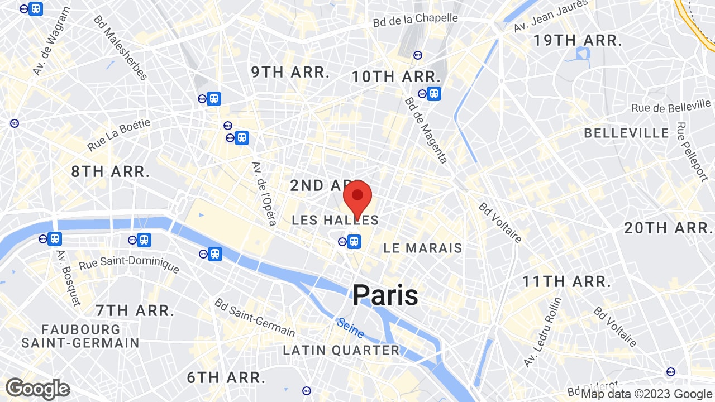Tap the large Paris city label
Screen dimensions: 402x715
(x=385, y=295)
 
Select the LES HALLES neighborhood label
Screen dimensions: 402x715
(x=335, y=221)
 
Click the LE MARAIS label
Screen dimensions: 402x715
(x=423, y=248)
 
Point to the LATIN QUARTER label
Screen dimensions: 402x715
(x=341, y=351)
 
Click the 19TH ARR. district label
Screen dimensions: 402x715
(x=578, y=40)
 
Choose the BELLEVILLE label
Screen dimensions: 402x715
(x=626, y=133)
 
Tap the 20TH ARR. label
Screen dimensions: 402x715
(x=668, y=228)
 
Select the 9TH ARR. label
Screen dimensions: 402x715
(x=290, y=72)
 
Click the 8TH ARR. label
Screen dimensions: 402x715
(x=111, y=171)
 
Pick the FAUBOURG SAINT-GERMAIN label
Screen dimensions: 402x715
(x=80, y=336)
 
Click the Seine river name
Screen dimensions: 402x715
(x=350, y=328)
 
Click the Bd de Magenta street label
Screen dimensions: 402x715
(x=426, y=131)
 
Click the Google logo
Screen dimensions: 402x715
(x=37, y=389)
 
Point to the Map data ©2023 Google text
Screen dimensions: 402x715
(x=647, y=394)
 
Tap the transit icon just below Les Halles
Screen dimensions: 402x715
(x=353, y=242)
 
